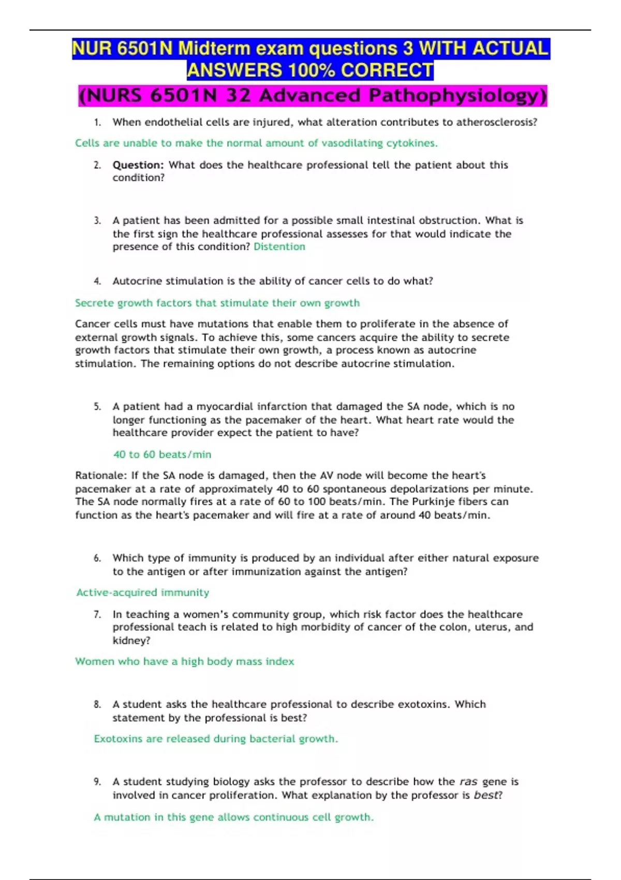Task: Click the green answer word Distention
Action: (x=279, y=247)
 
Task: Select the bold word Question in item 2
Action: (x=138, y=165)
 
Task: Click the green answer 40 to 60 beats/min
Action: (x=162, y=454)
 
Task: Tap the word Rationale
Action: (x=100, y=476)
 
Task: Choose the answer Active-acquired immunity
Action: (x=143, y=593)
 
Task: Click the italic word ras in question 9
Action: (x=468, y=782)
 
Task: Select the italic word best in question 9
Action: (x=486, y=795)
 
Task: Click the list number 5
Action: (x=97, y=407)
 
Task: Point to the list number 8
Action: (x=97, y=705)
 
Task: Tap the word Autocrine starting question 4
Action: (x=134, y=281)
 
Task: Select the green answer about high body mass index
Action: (x=185, y=662)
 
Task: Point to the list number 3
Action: (x=97, y=221)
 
